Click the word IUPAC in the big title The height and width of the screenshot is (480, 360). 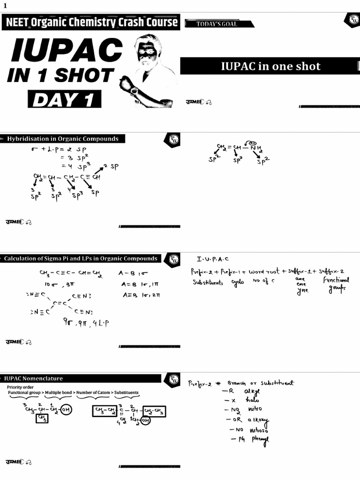[66, 50]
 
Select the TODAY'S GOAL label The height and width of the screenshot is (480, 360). [217, 24]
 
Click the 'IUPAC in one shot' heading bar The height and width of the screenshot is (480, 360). [270, 66]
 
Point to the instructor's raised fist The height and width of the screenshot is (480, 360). [126, 83]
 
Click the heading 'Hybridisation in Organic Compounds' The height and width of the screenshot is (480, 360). [62, 139]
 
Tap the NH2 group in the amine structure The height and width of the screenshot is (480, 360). [256, 148]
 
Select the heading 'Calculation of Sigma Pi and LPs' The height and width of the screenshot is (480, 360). [81, 258]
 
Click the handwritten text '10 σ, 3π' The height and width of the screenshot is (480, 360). [56, 285]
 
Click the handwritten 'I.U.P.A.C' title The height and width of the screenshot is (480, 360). [214, 259]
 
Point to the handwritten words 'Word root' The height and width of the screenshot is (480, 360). [264, 271]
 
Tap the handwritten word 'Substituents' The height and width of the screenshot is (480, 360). [208, 283]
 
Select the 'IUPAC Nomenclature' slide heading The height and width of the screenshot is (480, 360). [34, 378]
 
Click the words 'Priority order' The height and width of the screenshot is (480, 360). [21, 387]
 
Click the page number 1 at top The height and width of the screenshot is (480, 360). [5, 6]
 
